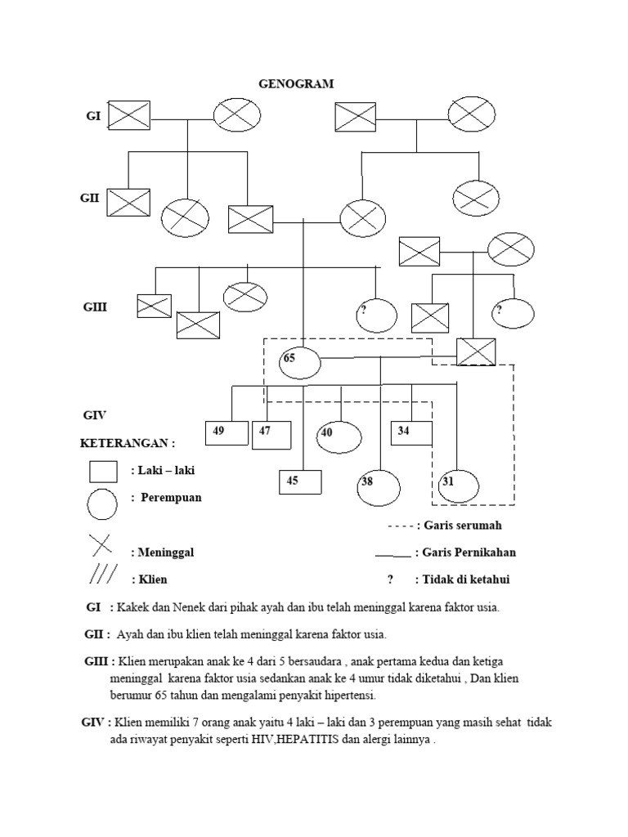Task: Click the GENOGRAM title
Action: tap(296, 83)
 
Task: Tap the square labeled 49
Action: tap(226, 433)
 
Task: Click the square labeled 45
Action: tap(300, 482)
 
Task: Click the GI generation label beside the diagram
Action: tap(93, 116)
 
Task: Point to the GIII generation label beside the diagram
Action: tap(95, 308)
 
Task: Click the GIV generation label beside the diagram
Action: tap(95, 415)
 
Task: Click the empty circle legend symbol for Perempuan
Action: tap(105, 503)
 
